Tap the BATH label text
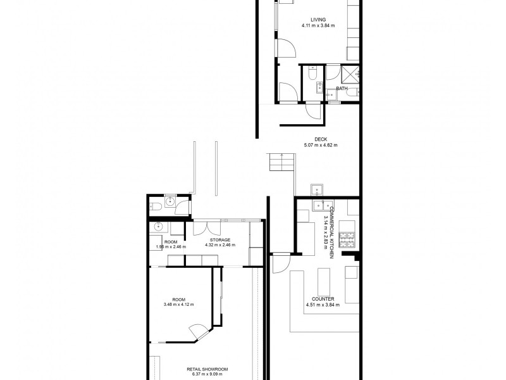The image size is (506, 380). pos(342,89)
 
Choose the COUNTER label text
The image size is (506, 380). pos(323,299)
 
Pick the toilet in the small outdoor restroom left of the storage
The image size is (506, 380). pos(156,204)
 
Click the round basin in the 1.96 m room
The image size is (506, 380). pos(158,227)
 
